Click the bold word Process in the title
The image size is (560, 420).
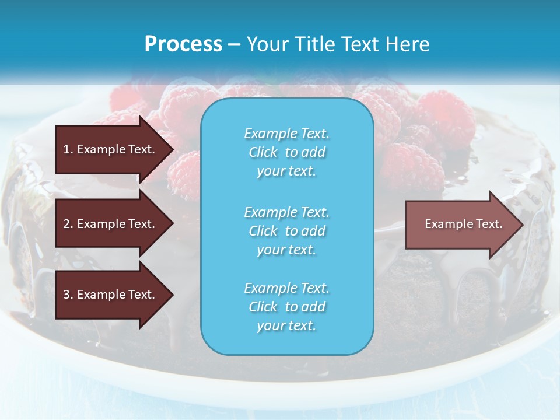pyautogui.click(x=183, y=44)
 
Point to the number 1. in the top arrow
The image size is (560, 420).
pyautogui.click(x=68, y=149)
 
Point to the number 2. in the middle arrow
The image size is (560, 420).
pyautogui.click(x=68, y=224)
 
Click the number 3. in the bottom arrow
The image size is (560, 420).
pyautogui.click(x=68, y=295)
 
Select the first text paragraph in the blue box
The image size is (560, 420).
pyautogui.click(x=286, y=152)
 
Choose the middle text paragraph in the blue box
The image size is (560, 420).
pyautogui.click(x=286, y=231)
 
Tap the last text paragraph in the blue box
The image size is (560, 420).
pyautogui.click(x=286, y=307)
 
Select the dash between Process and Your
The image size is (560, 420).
pyautogui.click(x=235, y=44)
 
